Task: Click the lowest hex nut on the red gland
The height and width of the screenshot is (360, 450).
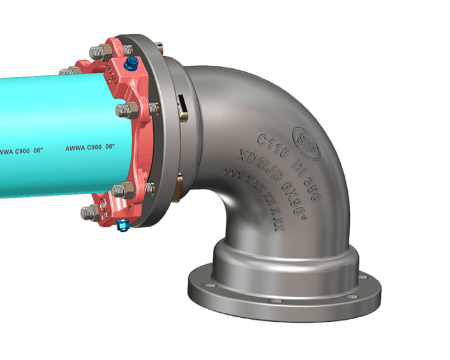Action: coord(89,212)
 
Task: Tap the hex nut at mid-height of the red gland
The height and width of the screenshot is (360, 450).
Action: coord(125,110)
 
